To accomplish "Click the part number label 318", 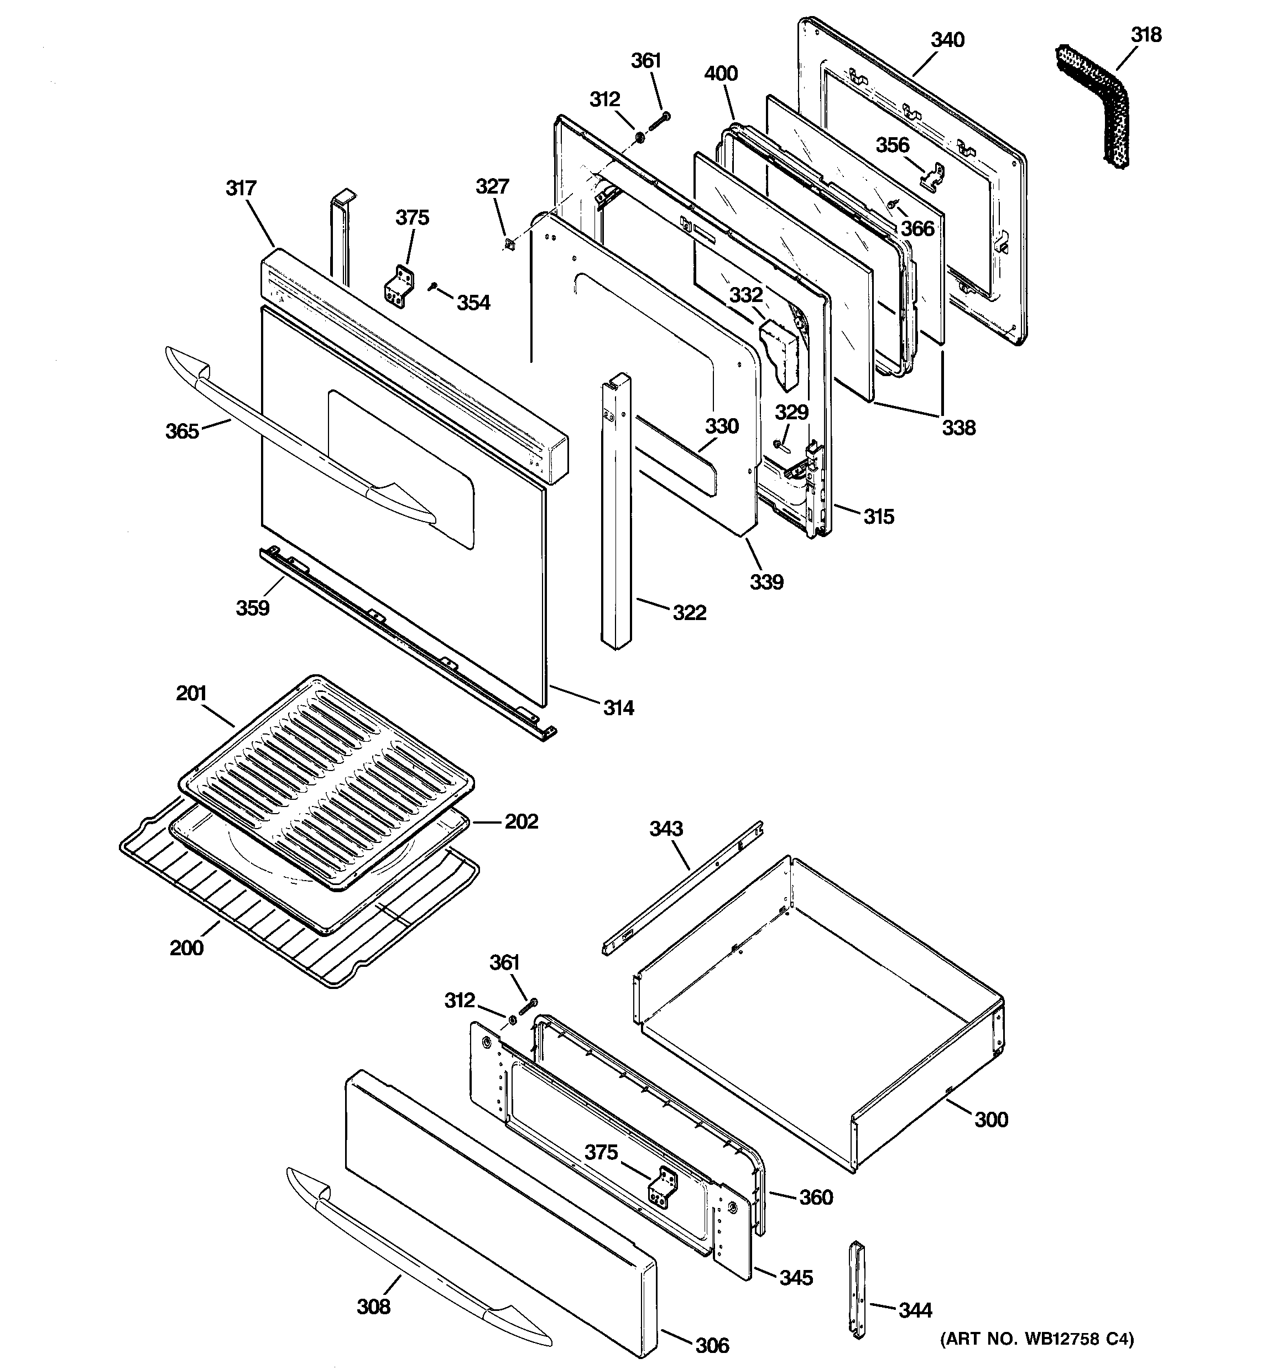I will pos(1146,35).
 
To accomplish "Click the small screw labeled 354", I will pos(432,286).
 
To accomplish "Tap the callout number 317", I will pos(241,188).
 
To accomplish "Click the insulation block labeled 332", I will pos(780,354).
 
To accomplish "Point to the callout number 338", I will pos(958,428).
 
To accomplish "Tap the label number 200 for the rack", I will pos(186,948).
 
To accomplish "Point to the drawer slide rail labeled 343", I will pos(682,888).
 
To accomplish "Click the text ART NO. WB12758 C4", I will pos(1036,1338).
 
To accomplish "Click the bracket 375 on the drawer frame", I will pos(663,1186).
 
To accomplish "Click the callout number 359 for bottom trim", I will pos(253,608).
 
